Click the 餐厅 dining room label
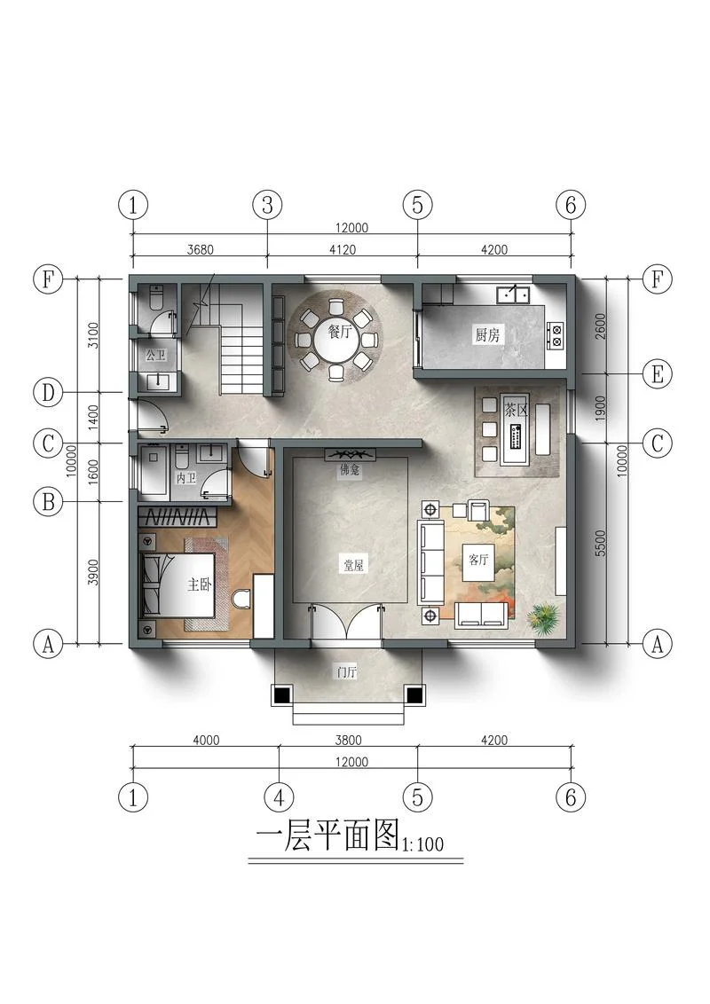pyautogui.click(x=340, y=332)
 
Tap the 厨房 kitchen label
pyautogui.click(x=487, y=334)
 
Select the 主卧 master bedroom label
pyautogui.click(x=200, y=584)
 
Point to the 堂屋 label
pyautogui.click(x=353, y=565)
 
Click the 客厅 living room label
pyautogui.click(x=478, y=560)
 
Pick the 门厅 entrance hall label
pyautogui.click(x=347, y=671)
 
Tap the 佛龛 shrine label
pyautogui.click(x=350, y=471)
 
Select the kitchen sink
pyautogui.click(x=513, y=294)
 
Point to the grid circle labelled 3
pyautogui.click(x=267, y=206)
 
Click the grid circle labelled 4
pyautogui.click(x=279, y=798)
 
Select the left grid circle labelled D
pyautogui.click(x=48, y=392)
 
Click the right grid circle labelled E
pyautogui.click(x=658, y=374)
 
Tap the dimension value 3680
pyautogui.click(x=200, y=250)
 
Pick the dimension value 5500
pyautogui.click(x=601, y=542)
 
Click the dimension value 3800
pyautogui.click(x=348, y=741)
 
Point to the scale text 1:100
pyautogui.click(x=422, y=844)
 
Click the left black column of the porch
pyautogui.click(x=281, y=694)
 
